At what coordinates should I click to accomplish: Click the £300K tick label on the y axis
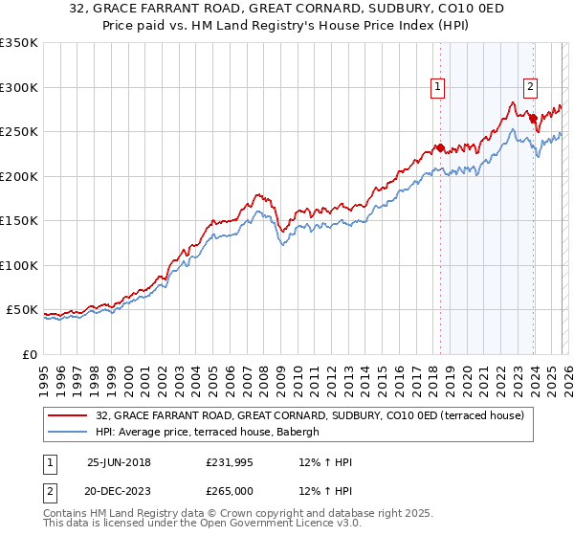[19, 87]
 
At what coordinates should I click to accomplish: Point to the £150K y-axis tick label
[19, 220]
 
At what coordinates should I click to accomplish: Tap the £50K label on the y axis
[22, 310]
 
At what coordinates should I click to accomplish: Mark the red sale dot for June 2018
[440, 148]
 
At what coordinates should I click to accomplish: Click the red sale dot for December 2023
[533, 120]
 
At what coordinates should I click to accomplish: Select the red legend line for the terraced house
[68, 416]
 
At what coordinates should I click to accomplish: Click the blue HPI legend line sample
[68, 433]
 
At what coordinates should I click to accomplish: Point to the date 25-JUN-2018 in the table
[119, 462]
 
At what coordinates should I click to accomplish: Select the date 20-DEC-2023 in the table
[119, 491]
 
